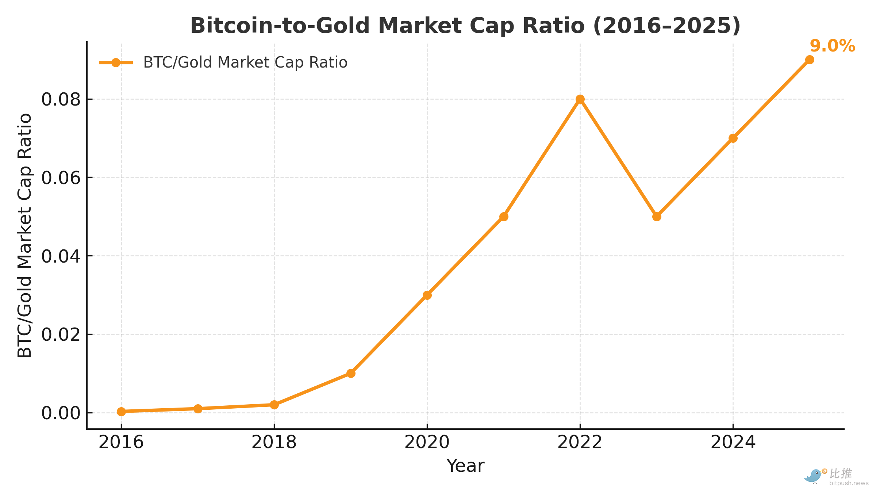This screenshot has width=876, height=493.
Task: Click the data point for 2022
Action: pyautogui.click(x=580, y=99)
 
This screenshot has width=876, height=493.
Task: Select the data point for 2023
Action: pyautogui.click(x=657, y=217)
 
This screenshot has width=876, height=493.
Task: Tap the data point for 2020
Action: pyautogui.click(x=427, y=295)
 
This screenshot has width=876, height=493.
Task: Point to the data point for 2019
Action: pyautogui.click(x=351, y=373)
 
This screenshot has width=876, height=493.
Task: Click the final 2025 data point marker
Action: pyautogui.click(x=810, y=60)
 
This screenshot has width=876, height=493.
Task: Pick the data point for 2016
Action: pyautogui.click(x=121, y=412)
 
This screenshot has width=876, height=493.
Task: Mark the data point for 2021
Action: pyautogui.click(x=504, y=217)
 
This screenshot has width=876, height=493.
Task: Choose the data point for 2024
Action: pyautogui.click(x=733, y=138)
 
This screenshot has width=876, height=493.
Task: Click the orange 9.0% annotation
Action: pyautogui.click(x=832, y=46)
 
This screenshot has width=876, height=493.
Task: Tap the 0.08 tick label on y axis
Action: pyautogui.click(x=61, y=99)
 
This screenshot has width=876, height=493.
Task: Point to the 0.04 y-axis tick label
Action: pyautogui.click(x=61, y=256)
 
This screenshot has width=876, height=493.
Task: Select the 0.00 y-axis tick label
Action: pyautogui.click(x=61, y=413)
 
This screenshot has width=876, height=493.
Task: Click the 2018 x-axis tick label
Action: pyautogui.click(x=274, y=442)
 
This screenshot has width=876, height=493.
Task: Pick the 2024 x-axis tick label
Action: pyautogui.click(x=733, y=442)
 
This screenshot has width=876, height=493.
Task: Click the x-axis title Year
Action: pyautogui.click(x=465, y=466)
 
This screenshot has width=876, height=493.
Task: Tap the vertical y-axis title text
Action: pyautogui.click(x=25, y=236)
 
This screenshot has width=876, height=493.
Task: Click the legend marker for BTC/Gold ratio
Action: pyautogui.click(x=116, y=62)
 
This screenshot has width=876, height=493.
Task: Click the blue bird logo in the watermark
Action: pyautogui.click(x=813, y=476)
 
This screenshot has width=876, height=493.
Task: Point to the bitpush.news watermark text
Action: pyautogui.click(x=849, y=483)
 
